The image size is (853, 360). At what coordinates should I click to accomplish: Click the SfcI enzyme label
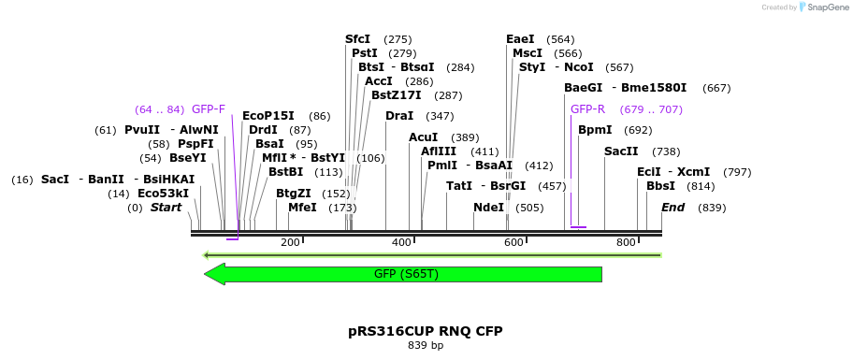(357, 39)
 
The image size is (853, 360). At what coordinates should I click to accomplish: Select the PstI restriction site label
(364, 53)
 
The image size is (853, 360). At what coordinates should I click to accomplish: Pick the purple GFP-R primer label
(587, 109)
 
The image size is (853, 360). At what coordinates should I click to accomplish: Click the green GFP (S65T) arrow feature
(402, 274)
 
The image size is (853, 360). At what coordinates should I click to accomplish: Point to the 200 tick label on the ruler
(290, 242)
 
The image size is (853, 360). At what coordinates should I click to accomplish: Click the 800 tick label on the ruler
(626, 242)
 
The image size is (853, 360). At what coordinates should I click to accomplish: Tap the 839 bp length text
(426, 346)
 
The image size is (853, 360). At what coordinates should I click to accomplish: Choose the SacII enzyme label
(621, 151)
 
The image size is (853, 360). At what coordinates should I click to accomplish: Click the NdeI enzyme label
(488, 208)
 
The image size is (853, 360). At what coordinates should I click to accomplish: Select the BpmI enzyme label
(595, 130)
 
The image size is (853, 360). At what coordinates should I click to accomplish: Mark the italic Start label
(166, 208)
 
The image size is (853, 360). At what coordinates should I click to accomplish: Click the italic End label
(672, 208)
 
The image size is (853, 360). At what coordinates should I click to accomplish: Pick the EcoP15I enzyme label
(267, 116)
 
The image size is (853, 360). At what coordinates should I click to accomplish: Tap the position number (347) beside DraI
(440, 116)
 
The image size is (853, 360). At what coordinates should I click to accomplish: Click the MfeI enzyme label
(302, 208)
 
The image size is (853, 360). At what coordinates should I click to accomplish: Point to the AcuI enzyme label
(423, 137)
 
